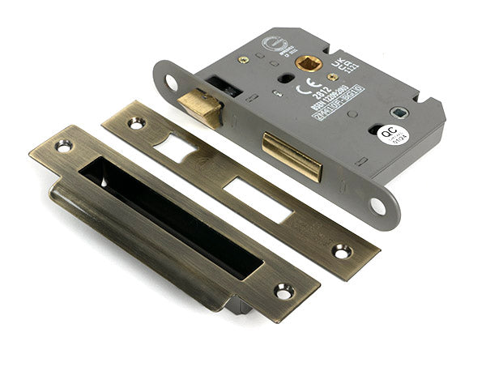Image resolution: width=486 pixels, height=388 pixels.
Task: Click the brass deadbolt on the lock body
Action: point(292,156)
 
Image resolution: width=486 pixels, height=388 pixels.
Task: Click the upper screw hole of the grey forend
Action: point(171,82)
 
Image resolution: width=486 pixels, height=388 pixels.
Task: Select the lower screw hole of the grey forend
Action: point(377,206)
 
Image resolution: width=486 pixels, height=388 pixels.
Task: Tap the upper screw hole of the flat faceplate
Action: point(135,123)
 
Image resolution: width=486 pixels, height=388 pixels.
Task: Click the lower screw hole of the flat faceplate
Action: point(341,252)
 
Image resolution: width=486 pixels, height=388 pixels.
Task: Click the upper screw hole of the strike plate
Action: point(62,147)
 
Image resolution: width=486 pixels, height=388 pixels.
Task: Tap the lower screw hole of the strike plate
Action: point(283,289)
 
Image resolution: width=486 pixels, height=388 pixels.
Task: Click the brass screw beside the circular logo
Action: point(243,59)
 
